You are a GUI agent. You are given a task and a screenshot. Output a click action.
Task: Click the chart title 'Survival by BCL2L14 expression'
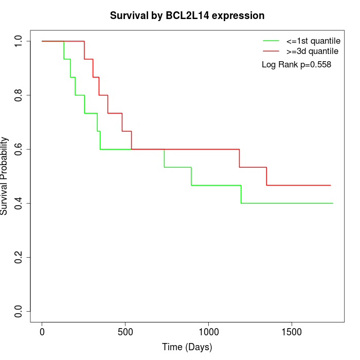(187, 15)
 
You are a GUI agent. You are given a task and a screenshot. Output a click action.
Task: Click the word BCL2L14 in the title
(186, 15)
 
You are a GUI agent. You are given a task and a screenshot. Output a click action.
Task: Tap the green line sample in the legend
(271, 40)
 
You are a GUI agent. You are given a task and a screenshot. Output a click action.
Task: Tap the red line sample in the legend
(271, 51)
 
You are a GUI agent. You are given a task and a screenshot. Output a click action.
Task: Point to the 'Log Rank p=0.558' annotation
(296, 64)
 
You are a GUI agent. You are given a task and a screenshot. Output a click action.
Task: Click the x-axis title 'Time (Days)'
(187, 347)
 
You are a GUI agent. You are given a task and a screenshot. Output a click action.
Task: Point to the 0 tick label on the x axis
(42, 331)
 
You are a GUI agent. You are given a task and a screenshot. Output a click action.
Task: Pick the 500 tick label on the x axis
(125, 331)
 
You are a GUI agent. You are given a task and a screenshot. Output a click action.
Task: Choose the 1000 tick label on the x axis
(209, 331)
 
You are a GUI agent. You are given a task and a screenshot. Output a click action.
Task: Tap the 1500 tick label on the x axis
(292, 331)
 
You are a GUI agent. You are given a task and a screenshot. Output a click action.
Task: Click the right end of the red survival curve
(330, 185)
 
